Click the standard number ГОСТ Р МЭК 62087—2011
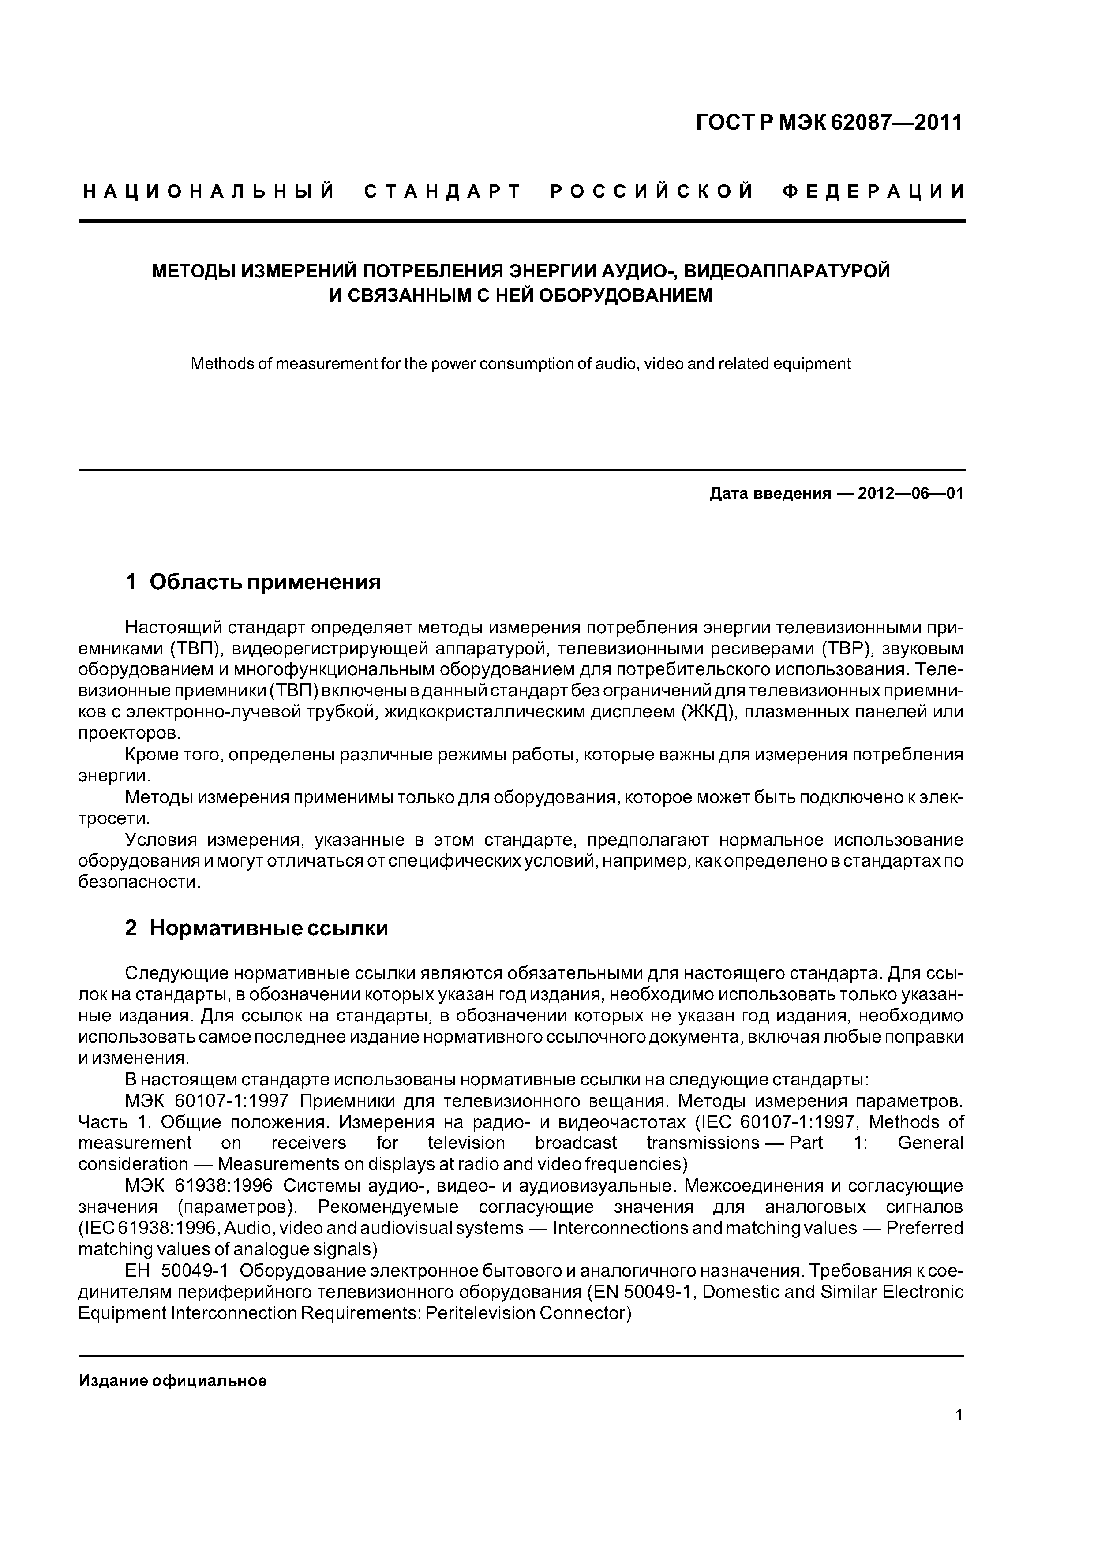tap(829, 123)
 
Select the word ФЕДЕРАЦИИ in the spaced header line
tap(873, 192)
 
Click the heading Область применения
tap(265, 582)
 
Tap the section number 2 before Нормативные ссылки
tap(131, 928)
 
